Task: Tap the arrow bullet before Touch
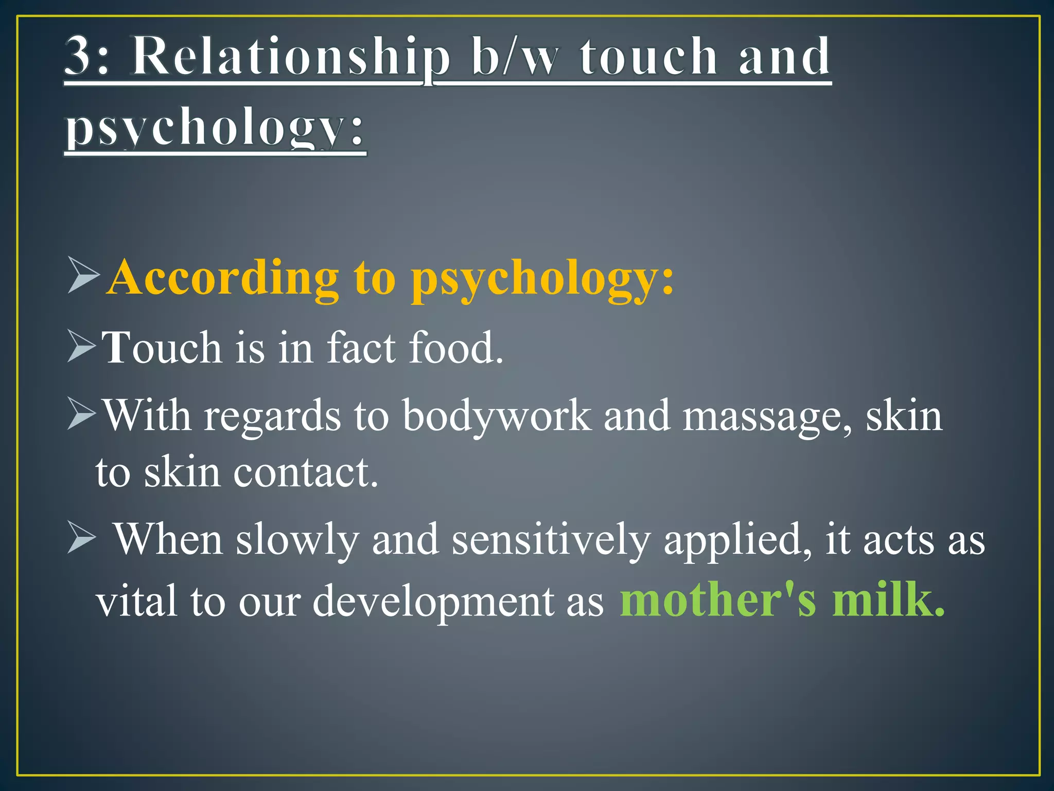81,346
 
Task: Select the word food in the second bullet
455,347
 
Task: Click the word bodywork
497,416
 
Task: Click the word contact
306,472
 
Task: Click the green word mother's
718,600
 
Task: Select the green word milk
888,600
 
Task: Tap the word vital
137,601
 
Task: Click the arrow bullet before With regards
81,415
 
